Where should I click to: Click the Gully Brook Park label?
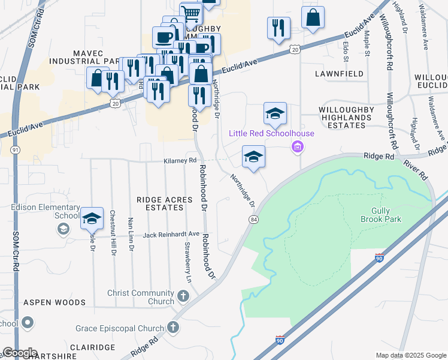click(x=381, y=214)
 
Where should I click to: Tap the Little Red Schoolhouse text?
click(x=261, y=133)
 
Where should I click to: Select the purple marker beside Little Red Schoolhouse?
click(x=296, y=146)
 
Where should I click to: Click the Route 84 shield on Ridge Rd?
click(x=254, y=220)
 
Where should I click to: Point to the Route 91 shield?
click(x=16, y=149)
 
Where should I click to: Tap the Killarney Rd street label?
click(x=180, y=161)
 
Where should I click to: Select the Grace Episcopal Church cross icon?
click(x=173, y=328)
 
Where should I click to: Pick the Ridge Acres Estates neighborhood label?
click(x=160, y=203)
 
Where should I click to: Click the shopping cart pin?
click(x=191, y=13)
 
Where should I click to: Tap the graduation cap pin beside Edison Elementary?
click(x=92, y=219)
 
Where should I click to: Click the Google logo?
click(x=20, y=352)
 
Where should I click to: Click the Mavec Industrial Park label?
click(x=86, y=57)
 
